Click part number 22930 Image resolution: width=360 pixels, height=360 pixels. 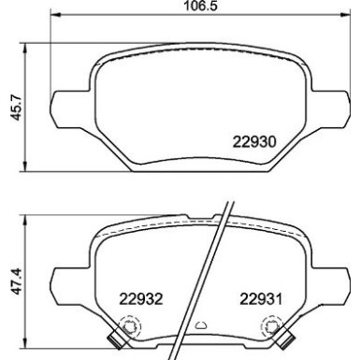coord(252,143)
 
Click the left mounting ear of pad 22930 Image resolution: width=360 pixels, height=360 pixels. coord(67,104)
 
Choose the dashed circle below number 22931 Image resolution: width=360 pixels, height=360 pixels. coord(271,326)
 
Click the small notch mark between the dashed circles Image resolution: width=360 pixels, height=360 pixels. coord(200,326)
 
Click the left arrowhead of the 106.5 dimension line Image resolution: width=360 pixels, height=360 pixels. coord(55,16)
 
